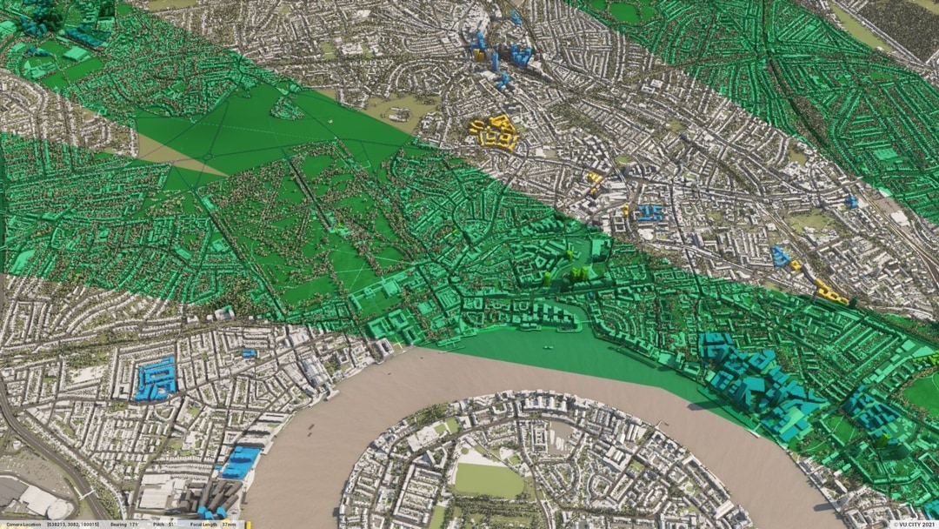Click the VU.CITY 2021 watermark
pos(912,524)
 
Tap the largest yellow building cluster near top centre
pos(494,131)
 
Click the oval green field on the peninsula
pos(489,479)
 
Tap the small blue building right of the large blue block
pos(250,353)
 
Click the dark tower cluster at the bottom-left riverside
pos(212,500)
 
